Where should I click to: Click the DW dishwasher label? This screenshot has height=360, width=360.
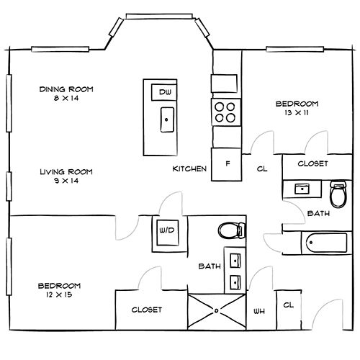[166, 92]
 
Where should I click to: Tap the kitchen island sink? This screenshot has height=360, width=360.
[167, 120]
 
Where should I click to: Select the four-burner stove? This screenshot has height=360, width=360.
[226, 112]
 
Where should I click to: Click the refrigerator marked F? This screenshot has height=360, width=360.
[226, 164]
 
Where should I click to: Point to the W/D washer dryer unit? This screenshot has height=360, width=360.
[168, 233]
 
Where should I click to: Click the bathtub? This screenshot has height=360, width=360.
[326, 243]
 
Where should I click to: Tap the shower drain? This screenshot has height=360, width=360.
[217, 311]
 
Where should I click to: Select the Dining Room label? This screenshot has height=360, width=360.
[66, 89]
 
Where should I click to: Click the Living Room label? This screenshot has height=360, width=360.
[66, 172]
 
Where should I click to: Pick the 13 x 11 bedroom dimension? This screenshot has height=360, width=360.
[297, 112]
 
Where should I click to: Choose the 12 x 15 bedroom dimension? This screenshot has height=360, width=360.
[59, 294]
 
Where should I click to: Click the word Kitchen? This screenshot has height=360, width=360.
[189, 169]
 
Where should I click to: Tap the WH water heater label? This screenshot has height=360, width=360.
[259, 312]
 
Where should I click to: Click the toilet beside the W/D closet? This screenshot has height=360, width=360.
[232, 230]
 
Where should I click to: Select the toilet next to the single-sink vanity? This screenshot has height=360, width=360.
[338, 194]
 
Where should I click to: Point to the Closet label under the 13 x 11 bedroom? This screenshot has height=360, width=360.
[312, 163]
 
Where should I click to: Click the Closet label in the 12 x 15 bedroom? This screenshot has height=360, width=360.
[147, 310]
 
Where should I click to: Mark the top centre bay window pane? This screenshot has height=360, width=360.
[159, 16]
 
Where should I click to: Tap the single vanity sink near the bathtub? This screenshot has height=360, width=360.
[302, 189]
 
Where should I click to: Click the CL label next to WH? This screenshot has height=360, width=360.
[289, 305]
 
